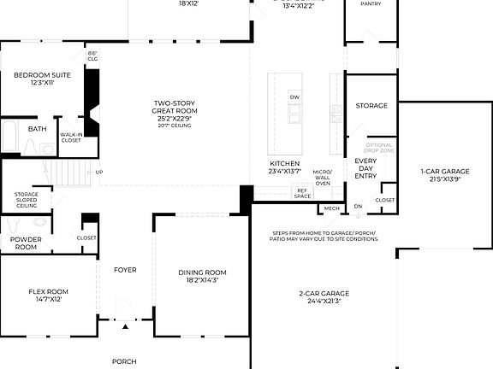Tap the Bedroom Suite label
coord(42,79)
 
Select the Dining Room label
coord(202,277)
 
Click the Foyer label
coord(125,270)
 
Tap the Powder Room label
coord(25,243)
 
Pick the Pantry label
coord(371,4)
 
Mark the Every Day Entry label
coord(365,168)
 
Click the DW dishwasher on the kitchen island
coord(294,97)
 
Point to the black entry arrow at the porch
coord(125,326)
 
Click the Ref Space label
coord(302,194)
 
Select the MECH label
coord(331,208)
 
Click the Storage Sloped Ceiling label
coord(27,200)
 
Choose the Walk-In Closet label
coord(71,137)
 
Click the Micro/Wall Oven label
coord(323,177)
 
